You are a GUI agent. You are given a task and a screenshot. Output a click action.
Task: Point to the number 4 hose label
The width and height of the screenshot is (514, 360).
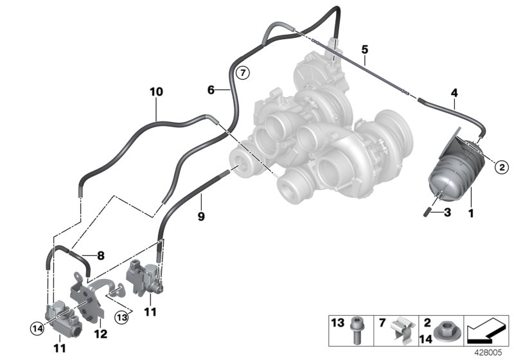[454, 93]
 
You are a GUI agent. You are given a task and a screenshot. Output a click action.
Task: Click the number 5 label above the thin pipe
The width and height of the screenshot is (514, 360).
[364, 49]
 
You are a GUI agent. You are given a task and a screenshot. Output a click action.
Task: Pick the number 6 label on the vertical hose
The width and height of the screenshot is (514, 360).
[210, 91]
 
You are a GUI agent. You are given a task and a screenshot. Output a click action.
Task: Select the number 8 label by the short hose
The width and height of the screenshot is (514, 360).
[100, 255]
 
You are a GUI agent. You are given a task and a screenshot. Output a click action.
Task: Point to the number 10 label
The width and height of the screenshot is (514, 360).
[156, 92]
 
